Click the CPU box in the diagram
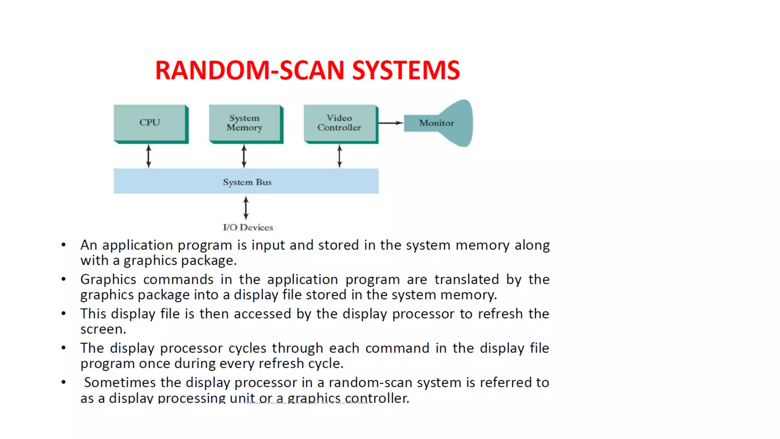pos(150,123)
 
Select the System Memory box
pos(245,123)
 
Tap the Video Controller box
pos(339,123)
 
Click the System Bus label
pos(247,182)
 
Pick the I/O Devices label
pos(248,228)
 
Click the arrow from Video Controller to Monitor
pos(391,123)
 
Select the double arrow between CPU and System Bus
pos(149,156)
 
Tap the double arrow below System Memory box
pos(244,156)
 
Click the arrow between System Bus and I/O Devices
pos(246,208)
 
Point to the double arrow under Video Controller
pos(340,156)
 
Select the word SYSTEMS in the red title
pos(406,70)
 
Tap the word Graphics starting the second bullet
pos(108,280)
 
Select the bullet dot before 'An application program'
pos(64,245)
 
